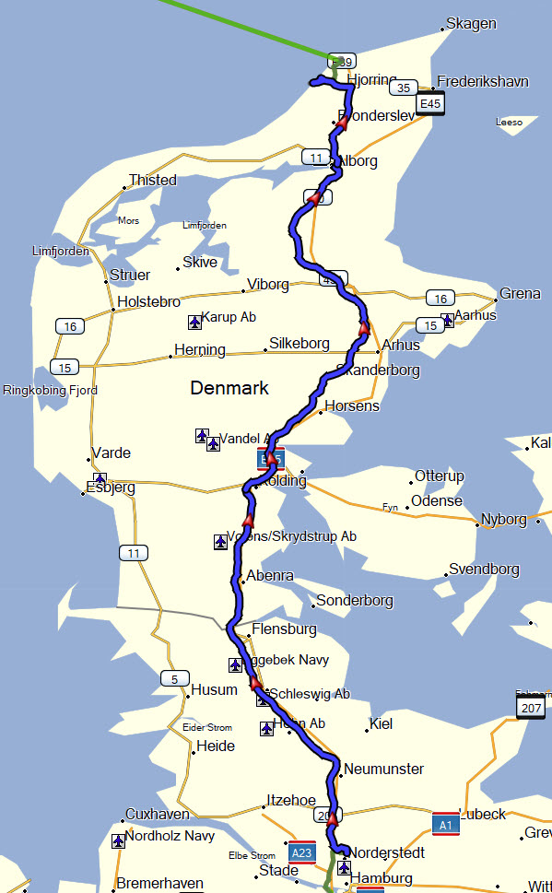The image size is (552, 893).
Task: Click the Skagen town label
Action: coord(471,24)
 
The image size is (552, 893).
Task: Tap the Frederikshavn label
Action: coord(483,82)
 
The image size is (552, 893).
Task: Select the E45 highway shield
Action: coord(430,104)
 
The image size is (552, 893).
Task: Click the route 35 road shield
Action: coord(402,88)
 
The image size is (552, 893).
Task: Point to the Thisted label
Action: coord(152,180)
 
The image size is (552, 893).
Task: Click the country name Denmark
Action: coord(229,388)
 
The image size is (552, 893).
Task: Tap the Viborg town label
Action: coord(268,284)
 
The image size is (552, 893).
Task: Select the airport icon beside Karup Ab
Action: coord(194,322)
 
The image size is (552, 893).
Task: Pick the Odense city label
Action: coord(437,500)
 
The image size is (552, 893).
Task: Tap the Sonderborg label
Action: coord(355,601)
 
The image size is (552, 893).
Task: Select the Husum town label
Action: coord(214,689)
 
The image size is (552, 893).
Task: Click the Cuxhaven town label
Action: coord(157,815)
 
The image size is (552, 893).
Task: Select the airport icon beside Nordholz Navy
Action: coord(118,840)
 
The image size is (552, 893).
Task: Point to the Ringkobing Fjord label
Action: coord(51,390)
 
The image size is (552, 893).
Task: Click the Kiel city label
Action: coord(381,723)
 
